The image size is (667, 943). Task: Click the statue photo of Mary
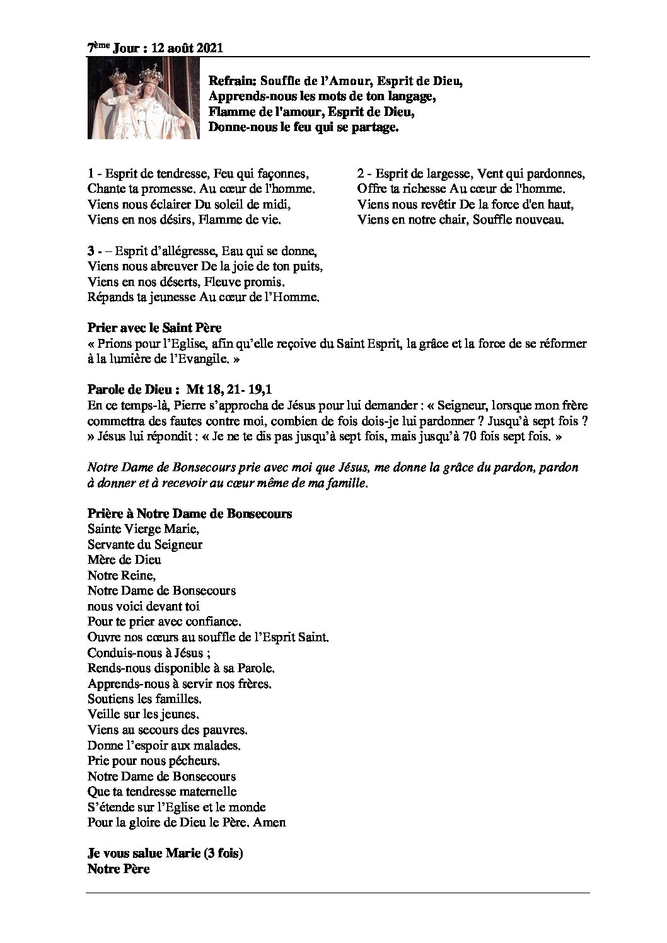pos(143,100)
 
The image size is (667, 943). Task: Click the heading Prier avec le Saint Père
pos(154,328)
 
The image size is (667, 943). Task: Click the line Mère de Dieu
pos(124,559)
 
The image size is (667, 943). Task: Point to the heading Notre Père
pos(119,869)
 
